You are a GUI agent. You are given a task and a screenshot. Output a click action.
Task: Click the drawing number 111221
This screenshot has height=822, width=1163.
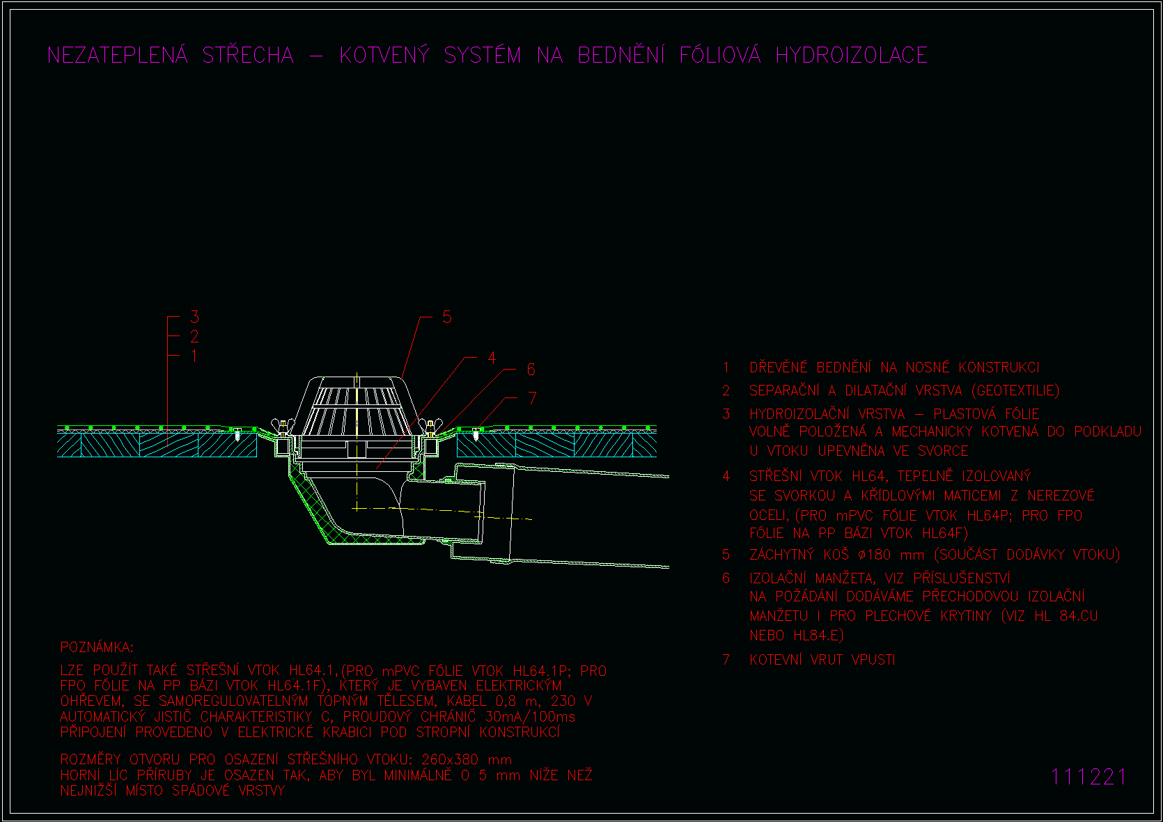point(1088,777)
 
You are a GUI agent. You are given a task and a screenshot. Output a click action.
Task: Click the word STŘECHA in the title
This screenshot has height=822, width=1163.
point(248,54)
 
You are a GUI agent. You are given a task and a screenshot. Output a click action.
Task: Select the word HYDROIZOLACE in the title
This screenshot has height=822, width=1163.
point(852,55)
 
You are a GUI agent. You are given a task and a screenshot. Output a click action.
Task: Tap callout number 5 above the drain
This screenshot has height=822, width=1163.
point(447,317)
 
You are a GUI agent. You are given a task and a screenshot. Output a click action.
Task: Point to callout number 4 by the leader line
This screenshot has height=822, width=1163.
point(492,358)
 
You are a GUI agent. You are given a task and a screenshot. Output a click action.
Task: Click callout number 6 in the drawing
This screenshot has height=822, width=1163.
point(531,370)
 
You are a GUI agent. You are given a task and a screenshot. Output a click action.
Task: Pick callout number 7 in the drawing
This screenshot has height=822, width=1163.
point(532,398)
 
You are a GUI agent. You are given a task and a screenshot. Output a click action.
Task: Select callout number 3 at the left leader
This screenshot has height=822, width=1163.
point(195,317)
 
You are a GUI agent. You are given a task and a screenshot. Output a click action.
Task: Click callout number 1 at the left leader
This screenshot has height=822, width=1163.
point(194,356)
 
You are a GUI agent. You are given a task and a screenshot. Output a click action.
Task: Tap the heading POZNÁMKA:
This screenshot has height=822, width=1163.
point(97,647)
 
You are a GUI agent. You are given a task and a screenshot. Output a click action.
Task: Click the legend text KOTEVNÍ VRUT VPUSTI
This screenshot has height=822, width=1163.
point(822,660)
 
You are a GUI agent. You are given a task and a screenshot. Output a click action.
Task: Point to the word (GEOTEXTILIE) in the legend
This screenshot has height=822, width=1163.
point(1015,390)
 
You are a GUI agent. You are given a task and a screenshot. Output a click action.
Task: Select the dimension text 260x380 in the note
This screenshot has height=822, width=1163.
point(450,760)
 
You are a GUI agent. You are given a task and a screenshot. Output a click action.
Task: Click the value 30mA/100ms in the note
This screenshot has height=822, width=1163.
point(530,717)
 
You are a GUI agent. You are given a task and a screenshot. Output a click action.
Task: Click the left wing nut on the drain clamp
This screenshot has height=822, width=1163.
point(283,426)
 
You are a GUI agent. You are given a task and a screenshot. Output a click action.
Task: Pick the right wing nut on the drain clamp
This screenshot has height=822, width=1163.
point(430,426)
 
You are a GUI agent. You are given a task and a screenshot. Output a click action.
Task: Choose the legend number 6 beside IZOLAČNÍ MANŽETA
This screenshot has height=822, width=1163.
point(726,578)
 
